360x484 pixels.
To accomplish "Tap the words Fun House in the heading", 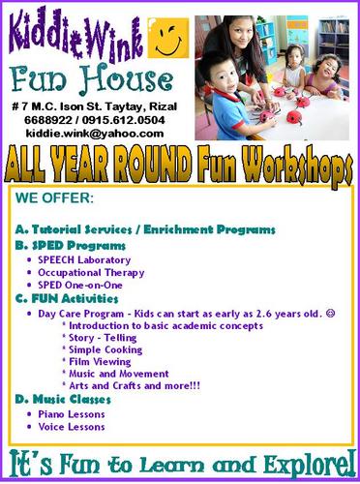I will (95, 79).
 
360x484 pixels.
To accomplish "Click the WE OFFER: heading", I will (55, 200).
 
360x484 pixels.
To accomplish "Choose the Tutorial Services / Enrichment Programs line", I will (146, 229).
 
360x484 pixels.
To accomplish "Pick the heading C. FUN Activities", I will (65, 301).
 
